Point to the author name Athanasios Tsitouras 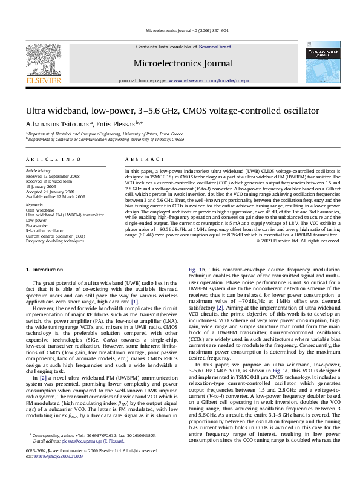click(53, 125)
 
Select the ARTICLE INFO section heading click(53, 159)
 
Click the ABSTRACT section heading click(140, 159)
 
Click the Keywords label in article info click(34, 205)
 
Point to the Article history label click(38, 171)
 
